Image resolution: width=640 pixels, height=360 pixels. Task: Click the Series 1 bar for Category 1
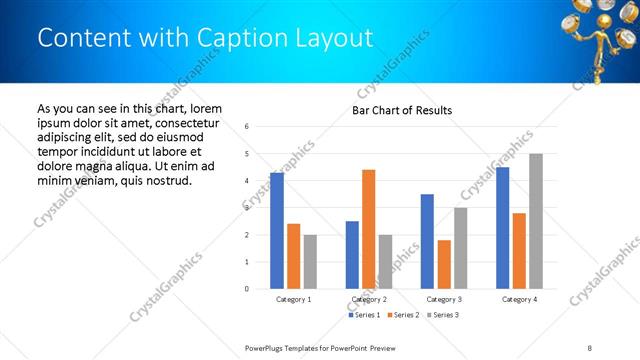coord(277,231)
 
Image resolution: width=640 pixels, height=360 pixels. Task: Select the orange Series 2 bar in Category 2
coord(368,229)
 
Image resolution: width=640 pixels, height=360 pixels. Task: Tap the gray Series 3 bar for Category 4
coord(536,221)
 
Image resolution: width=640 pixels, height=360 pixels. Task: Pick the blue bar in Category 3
coord(427,241)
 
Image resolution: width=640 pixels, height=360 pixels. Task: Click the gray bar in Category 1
coord(310,261)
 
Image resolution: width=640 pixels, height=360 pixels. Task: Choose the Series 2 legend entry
coord(400,316)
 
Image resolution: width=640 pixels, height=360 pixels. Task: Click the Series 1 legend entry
coord(363,316)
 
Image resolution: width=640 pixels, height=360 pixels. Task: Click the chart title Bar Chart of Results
coord(401,110)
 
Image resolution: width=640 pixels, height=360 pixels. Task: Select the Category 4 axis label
coord(519,299)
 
